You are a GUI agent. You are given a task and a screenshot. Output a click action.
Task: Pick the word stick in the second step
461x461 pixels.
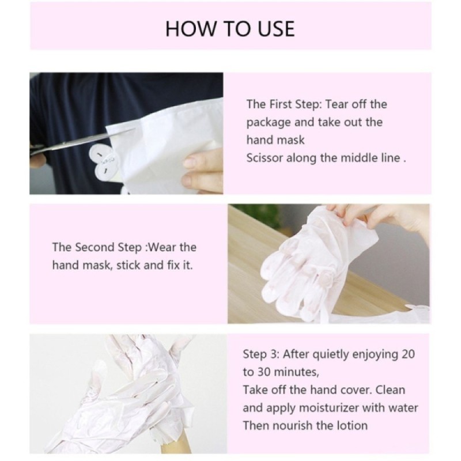click(x=129, y=265)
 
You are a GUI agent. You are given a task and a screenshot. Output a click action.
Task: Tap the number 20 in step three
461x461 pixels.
click(x=408, y=354)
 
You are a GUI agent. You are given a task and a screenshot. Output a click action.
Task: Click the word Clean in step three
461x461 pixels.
click(x=391, y=390)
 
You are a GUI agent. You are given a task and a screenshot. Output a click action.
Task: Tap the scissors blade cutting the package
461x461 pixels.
click(x=88, y=141)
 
